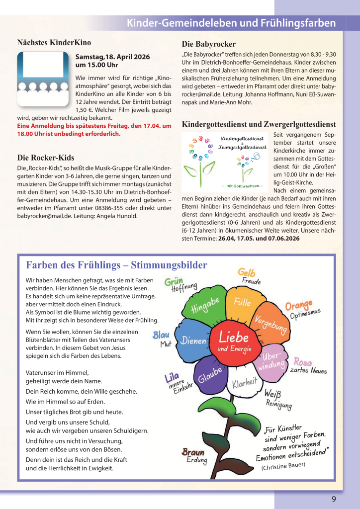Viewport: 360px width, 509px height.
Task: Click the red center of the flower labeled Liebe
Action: tap(234, 341)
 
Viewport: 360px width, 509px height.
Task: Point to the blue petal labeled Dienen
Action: tap(193, 341)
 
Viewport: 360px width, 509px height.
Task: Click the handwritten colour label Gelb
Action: tap(247, 272)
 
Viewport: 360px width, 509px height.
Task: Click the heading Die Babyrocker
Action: tap(209, 44)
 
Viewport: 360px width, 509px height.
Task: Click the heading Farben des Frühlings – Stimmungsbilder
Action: tap(116, 265)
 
